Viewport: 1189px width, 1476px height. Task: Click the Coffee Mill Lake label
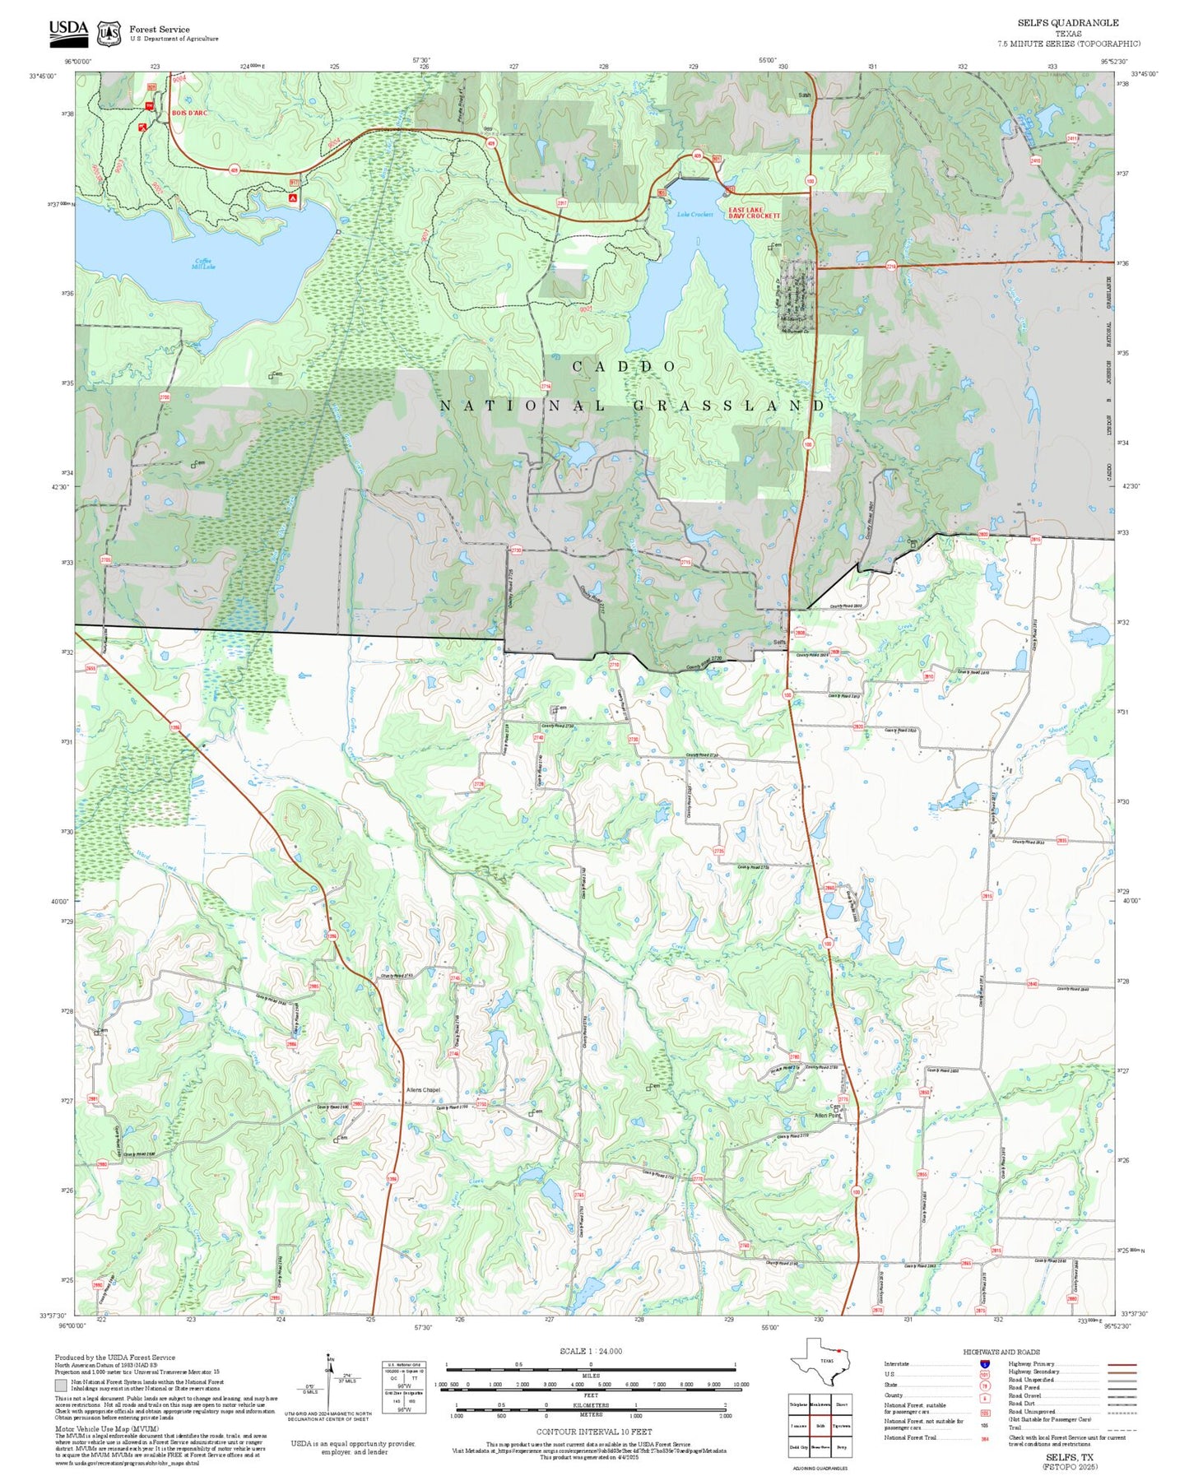click(202, 263)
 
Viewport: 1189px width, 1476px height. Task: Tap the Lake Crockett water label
click(694, 215)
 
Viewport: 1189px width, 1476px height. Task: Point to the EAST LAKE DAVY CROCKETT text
click(753, 213)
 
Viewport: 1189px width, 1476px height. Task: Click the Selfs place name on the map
click(779, 642)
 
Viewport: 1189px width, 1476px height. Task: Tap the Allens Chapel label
click(423, 1090)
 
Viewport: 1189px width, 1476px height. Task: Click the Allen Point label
click(827, 1116)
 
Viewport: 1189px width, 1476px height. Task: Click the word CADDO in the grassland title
click(625, 366)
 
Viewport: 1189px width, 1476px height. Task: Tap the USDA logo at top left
click(68, 31)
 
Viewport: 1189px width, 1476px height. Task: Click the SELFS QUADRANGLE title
click(1067, 22)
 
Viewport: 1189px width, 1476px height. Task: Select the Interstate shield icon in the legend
click(985, 1364)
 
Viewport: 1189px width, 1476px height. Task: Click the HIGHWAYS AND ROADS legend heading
click(1001, 1352)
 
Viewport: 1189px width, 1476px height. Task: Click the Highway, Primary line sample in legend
click(1122, 1364)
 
